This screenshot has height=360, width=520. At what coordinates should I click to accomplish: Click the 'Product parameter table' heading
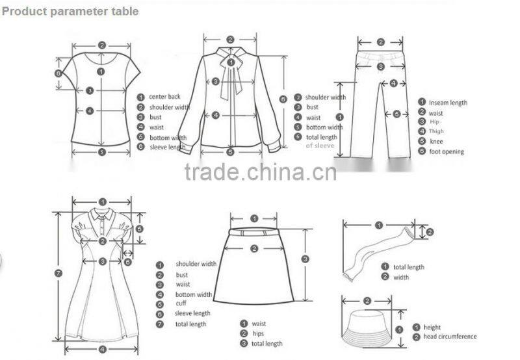70,11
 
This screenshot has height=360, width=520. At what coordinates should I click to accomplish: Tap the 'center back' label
164,97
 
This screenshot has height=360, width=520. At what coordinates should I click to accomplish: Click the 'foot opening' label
446,151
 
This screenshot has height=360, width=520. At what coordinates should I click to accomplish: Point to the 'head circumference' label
450,337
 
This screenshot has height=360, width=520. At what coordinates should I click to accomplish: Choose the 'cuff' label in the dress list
181,303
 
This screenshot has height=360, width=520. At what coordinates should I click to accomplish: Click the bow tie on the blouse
230,63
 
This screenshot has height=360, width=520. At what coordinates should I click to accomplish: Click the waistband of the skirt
254,232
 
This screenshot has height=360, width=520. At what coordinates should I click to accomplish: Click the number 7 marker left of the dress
58,273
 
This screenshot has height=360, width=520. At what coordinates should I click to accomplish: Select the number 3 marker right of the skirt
305,259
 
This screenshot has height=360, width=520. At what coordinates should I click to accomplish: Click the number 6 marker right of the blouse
283,99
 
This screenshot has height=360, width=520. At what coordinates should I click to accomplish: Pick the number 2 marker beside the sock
430,232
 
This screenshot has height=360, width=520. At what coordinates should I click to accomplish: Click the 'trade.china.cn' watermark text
260,173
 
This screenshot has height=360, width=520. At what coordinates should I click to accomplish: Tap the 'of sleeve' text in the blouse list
320,146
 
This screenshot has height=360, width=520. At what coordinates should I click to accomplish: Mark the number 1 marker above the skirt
254,218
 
